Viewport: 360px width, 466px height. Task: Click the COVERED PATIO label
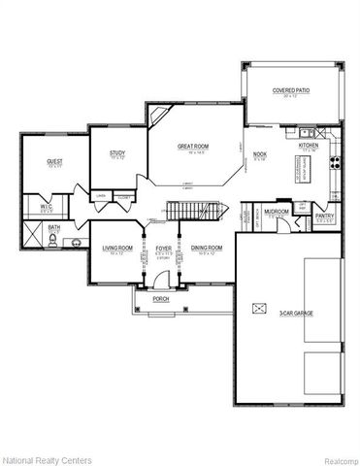[x=289, y=90]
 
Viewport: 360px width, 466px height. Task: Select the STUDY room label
[x=117, y=152]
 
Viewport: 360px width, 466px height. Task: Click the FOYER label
[x=164, y=248]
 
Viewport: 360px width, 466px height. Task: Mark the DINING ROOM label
[x=207, y=248]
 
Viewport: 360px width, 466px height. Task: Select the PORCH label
[x=162, y=299]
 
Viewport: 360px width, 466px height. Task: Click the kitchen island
[x=300, y=172]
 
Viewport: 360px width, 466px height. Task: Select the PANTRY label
[x=325, y=216]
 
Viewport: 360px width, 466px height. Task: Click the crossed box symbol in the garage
[x=257, y=308]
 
